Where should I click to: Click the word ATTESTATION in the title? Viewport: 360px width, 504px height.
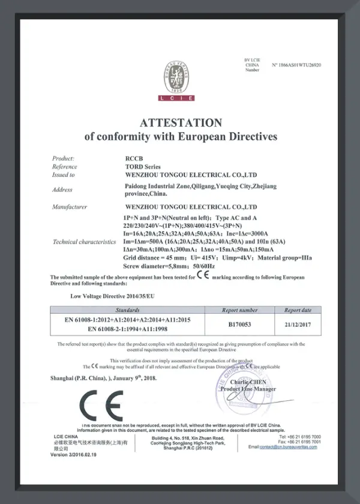click(x=181, y=122)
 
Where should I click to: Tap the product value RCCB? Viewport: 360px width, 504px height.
click(x=124, y=157)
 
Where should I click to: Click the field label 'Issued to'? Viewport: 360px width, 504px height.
click(x=64, y=175)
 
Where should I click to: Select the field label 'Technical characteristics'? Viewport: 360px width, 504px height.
click(x=84, y=242)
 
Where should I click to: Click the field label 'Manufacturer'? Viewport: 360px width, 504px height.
click(x=70, y=207)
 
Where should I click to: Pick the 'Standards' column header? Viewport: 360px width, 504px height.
click(x=127, y=310)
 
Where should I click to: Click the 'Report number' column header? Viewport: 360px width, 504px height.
click(x=239, y=310)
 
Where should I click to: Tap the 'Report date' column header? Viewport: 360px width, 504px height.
click(x=298, y=310)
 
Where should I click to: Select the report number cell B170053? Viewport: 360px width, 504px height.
click(x=239, y=324)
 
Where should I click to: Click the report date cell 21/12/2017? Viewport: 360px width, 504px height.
click(x=298, y=324)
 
